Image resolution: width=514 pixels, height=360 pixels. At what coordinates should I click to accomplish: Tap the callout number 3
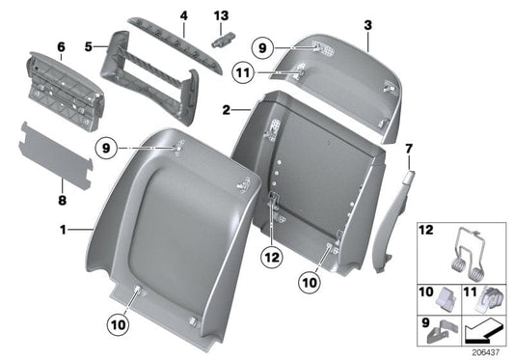point(367,21)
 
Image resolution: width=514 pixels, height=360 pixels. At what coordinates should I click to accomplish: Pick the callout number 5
point(89,44)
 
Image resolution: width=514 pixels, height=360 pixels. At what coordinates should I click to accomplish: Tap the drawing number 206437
point(491,353)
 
